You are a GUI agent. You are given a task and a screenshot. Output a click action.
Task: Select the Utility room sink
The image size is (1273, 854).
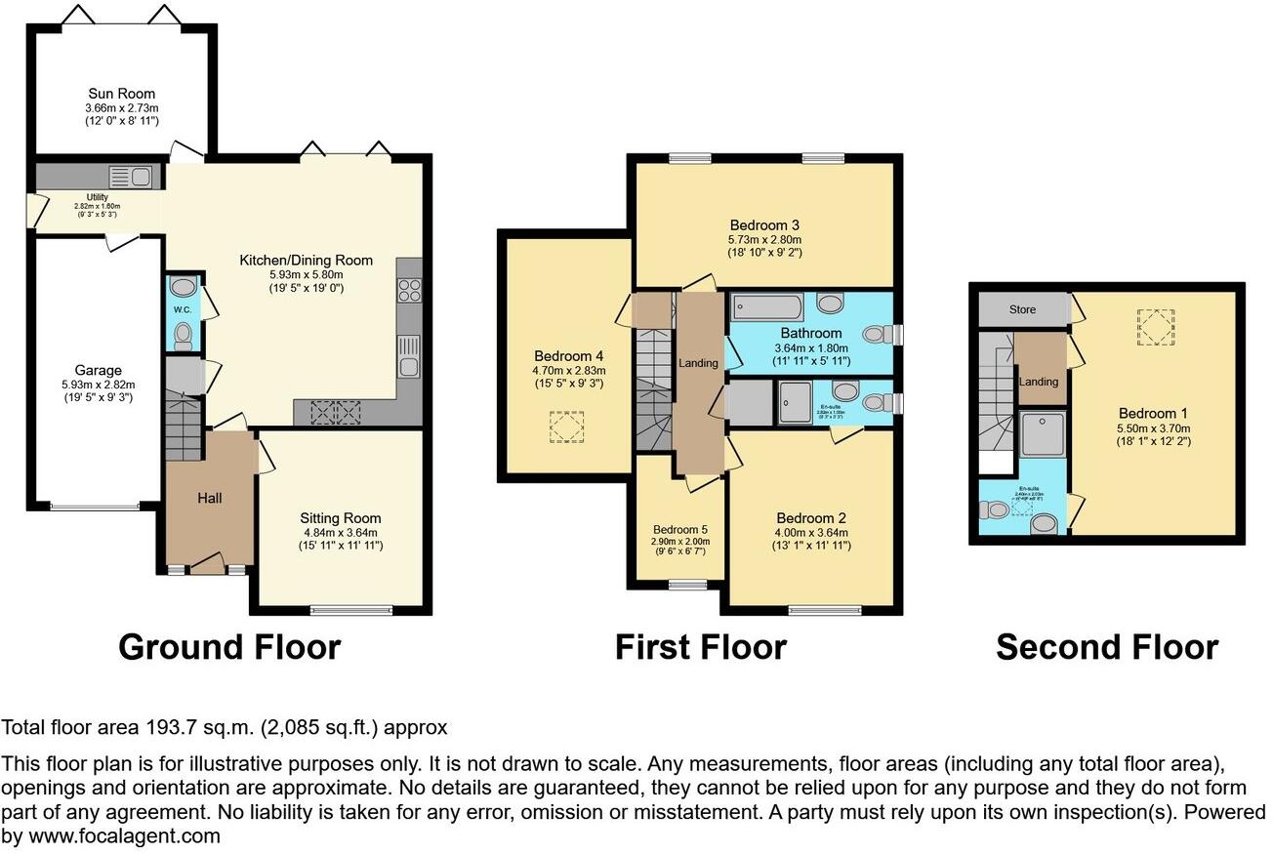[131, 177]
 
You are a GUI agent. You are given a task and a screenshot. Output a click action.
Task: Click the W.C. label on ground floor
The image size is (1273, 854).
[183, 310]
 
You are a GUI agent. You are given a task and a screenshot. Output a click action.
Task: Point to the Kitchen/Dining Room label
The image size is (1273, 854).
[307, 261]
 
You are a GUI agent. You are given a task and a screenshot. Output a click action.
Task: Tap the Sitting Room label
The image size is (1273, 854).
[341, 518]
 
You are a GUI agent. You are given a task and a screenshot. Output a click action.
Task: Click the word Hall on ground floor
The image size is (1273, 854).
[210, 498]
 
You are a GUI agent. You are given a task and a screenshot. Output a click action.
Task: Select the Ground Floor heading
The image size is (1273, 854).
[229, 647]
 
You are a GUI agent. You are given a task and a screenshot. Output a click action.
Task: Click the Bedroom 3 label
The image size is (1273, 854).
[764, 225]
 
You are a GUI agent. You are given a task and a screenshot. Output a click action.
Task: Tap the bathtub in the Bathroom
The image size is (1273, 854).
[766, 308]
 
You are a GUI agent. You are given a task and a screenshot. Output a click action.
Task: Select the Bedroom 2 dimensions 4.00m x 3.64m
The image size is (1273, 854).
[812, 533]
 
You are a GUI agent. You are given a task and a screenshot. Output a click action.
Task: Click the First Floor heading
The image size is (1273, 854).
[700, 647]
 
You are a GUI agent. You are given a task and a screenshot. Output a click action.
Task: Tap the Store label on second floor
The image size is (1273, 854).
[1022, 309]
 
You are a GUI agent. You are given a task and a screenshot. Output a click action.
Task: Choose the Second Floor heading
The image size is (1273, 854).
[1107, 647]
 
